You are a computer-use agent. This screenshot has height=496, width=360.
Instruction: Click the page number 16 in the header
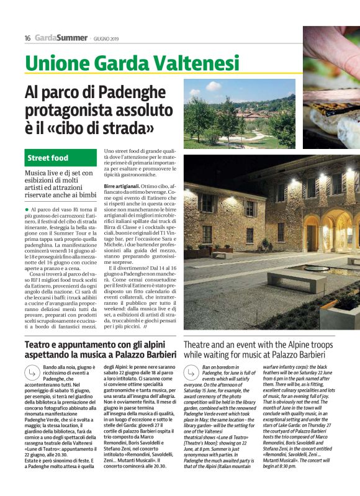[28, 38]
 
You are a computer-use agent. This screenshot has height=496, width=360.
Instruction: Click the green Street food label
[48, 158]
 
